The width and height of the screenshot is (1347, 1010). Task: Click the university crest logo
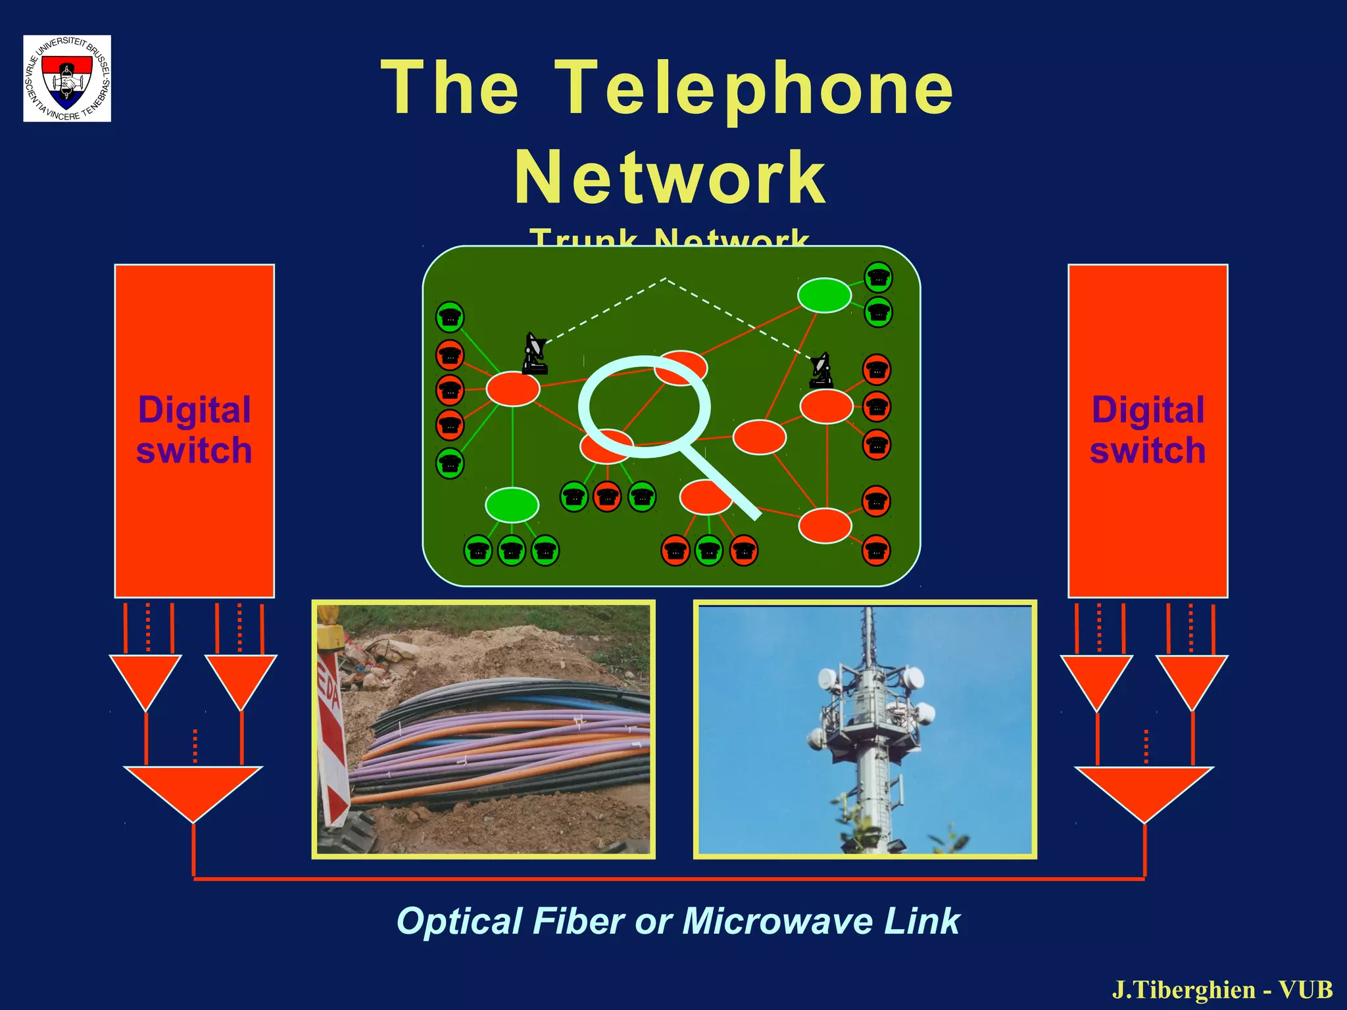(67, 78)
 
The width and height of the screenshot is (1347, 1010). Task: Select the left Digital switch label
(194, 430)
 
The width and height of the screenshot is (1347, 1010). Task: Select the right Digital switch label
(1148, 430)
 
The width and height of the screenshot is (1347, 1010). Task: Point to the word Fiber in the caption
(578, 921)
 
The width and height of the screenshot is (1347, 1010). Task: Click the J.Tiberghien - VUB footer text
(1222, 990)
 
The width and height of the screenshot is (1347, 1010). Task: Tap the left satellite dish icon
(535, 353)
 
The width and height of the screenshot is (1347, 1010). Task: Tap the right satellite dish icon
(821, 370)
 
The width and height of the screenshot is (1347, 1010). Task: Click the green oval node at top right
(824, 295)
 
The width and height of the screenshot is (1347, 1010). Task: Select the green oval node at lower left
(512, 505)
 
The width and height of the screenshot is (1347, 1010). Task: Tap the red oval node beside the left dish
(513, 389)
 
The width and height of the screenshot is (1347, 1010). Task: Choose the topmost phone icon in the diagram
(878, 277)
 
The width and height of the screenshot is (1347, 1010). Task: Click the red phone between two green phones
(607, 496)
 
